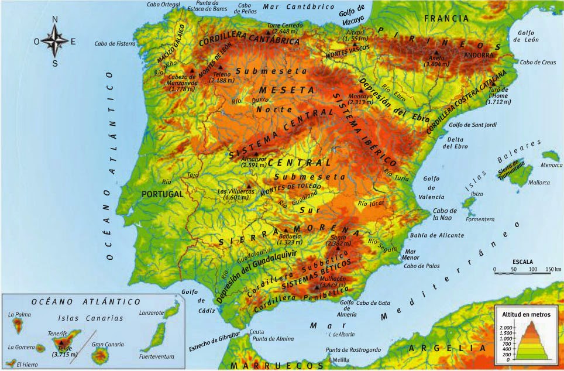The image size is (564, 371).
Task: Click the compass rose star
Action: point(55,42)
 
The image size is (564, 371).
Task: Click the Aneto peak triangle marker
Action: point(435,52)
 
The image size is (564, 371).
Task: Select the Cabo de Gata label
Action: point(373,303)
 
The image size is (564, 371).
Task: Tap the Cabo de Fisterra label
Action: point(115,43)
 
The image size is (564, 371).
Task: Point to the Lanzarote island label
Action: point(152,312)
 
